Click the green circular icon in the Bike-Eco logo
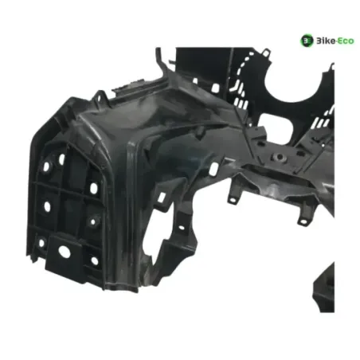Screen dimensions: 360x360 click(x=307, y=41)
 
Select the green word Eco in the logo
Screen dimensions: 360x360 click(x=346, y=41)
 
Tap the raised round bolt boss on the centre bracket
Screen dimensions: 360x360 click(x=278, y=157)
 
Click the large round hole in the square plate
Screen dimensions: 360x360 click(x=65, y=252)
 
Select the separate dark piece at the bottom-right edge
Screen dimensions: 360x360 click(x=323, y=288)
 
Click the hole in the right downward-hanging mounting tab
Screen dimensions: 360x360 click(x=303, y=221)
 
